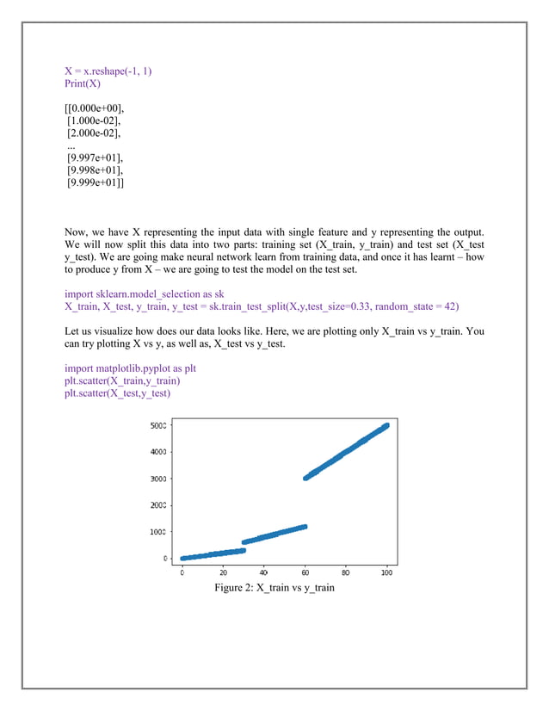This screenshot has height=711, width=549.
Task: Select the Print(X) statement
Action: click(x=83, y=83)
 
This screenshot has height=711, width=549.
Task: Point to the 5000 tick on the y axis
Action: click(x=158, y=425)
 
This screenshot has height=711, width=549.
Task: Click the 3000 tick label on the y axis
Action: click(x=158, y=479)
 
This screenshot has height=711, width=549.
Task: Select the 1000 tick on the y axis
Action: click(x=158, y=532)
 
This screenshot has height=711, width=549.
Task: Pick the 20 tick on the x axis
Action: click(x=223, y=571)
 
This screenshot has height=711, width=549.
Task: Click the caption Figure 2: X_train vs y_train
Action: click(x=274, y=587)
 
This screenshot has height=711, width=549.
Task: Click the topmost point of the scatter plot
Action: click(x=386, y=424)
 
